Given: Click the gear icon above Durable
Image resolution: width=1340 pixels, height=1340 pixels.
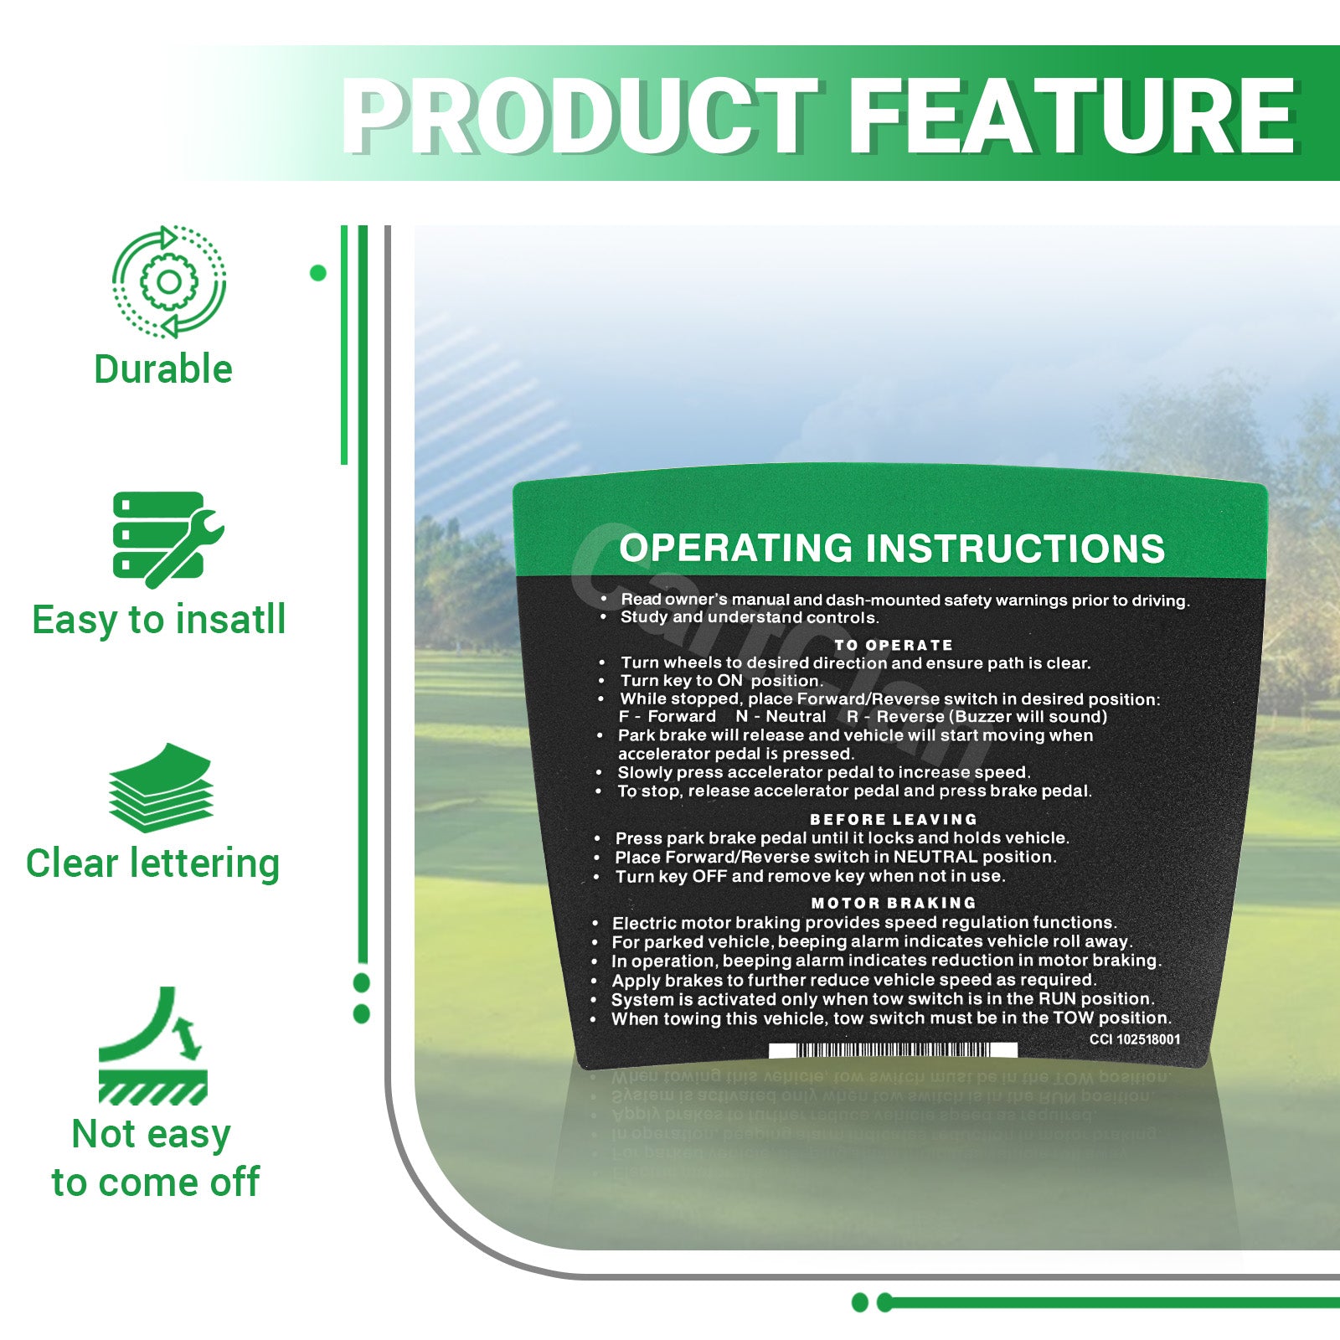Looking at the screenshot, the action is tap(169, 281).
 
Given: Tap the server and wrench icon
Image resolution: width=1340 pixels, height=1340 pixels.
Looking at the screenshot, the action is tap(168, 539).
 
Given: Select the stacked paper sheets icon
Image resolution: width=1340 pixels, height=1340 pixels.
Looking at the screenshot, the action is tap(161, 787).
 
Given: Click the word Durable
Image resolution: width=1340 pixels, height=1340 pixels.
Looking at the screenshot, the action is tap(163, 369).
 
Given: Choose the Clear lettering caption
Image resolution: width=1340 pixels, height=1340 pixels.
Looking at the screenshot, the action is tap(152, 863).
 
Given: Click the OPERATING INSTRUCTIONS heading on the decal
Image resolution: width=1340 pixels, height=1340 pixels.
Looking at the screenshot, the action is tap(892, 549).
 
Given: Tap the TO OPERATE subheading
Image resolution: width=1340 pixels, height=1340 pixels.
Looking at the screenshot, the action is tap(894, 645).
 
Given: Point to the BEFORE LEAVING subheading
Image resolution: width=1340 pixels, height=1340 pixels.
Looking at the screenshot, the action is tap(894, 819).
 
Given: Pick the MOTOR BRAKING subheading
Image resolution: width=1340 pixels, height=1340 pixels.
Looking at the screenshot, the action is tap(894, 903).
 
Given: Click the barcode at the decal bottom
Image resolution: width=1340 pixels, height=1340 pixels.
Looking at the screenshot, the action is tap(893, 1050).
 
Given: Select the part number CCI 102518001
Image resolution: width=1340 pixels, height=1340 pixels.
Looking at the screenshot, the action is tap(1135, 1039).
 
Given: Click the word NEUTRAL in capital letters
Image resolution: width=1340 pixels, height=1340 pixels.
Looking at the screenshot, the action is tap(935, 857).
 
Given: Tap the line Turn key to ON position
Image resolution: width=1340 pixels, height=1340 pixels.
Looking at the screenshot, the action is tap(721, 681).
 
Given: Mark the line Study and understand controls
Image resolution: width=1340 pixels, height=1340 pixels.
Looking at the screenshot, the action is tap(750, 617).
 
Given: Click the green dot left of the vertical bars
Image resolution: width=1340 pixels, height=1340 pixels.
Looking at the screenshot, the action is tap(318, 273).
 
